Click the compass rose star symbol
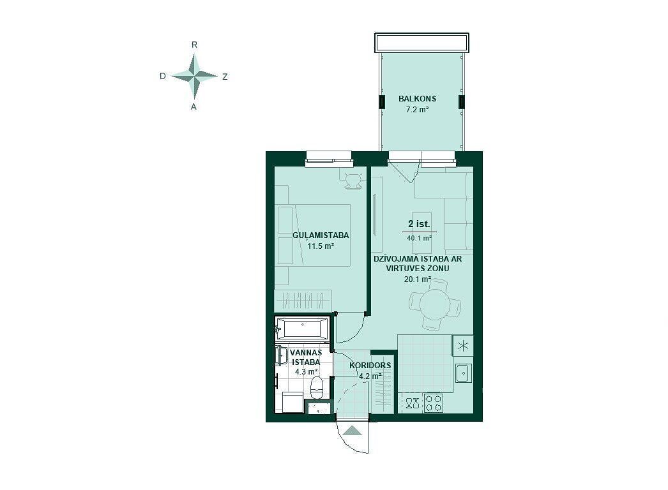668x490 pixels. (x=194, y=76)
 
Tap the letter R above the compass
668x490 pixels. (x=194, y=45)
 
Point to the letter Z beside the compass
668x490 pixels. (x=225, y=77)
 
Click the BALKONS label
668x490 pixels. (x=417, y=98)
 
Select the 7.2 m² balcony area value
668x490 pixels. (x=417, y=109)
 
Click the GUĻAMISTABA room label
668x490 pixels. (x=321, y=235)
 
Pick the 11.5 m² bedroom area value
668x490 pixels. (x=321, y=246)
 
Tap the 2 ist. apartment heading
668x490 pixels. (x=419, y=224)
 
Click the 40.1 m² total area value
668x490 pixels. (x=419, y=238)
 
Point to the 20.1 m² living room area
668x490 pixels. (x=418, y=279)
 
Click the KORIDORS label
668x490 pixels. (x=370, y=365)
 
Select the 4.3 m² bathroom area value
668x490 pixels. (x=307, y=372)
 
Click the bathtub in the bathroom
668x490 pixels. (x=303, y=328)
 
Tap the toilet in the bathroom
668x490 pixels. (x=317, y=387)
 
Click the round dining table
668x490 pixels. (x=435, y=304)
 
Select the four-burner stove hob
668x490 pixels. (x=434, y=403)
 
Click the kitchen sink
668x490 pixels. (x=463, y=373)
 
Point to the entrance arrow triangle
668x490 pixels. (x=353, y=431)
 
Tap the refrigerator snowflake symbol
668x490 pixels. (x=462, y=345)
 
